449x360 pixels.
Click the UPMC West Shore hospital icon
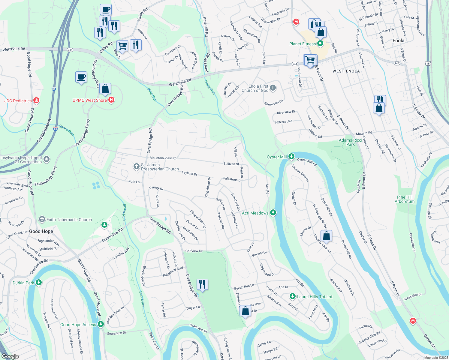pos(111,100)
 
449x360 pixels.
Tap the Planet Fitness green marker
pos(320,44)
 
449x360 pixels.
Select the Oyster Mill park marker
pos(291,156)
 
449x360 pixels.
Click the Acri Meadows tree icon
pos(273,213)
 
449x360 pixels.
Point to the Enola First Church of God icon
pos(273,88)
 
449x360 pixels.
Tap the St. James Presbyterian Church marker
pos(137,166)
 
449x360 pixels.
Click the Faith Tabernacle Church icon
pos(42,219)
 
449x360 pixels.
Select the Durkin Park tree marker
pos(38,283)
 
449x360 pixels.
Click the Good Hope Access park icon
pos(101,324)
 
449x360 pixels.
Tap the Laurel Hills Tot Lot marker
pos(293,296)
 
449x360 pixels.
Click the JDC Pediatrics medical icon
pos(36,100)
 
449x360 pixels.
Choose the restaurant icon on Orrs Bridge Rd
pos(202,284)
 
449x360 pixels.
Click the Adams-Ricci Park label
pos(351,142)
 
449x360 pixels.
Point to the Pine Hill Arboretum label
pos(405,199)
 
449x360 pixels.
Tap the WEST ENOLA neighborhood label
pos(346,71)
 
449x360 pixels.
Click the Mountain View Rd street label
pos(163,158)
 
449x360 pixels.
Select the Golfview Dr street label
pos(194,251)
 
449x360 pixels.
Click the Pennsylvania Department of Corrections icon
pos(47,159)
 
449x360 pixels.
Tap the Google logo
pos(10,356)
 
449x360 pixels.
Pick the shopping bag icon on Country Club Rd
pos(326,236)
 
